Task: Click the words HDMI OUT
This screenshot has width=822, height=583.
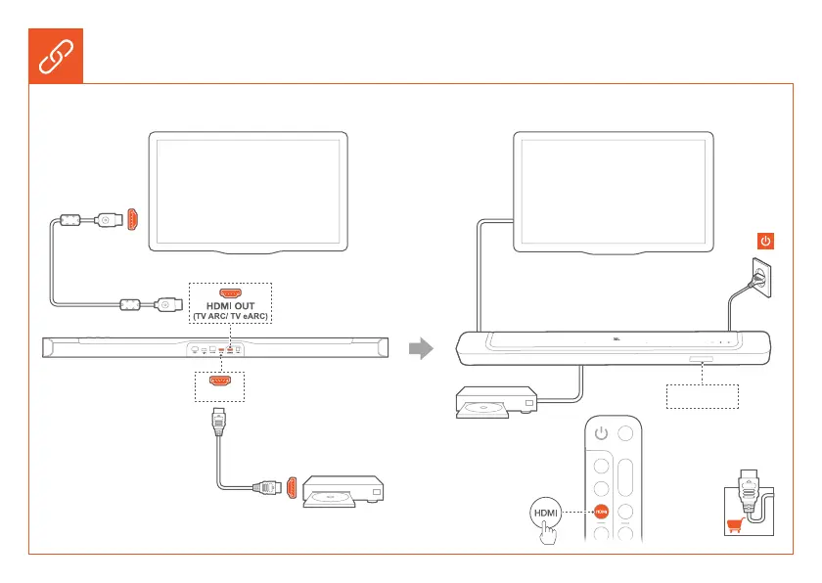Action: tap(231, 306)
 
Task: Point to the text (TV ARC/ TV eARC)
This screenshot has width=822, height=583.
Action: tap(231, 318)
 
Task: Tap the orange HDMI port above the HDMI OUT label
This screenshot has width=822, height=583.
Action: tap(231, 291)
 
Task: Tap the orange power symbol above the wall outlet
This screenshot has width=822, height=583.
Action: tap(766, 241)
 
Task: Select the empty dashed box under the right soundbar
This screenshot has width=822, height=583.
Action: tap(703, 396)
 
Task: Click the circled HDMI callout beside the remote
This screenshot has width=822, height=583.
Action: tap(545, 511)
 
